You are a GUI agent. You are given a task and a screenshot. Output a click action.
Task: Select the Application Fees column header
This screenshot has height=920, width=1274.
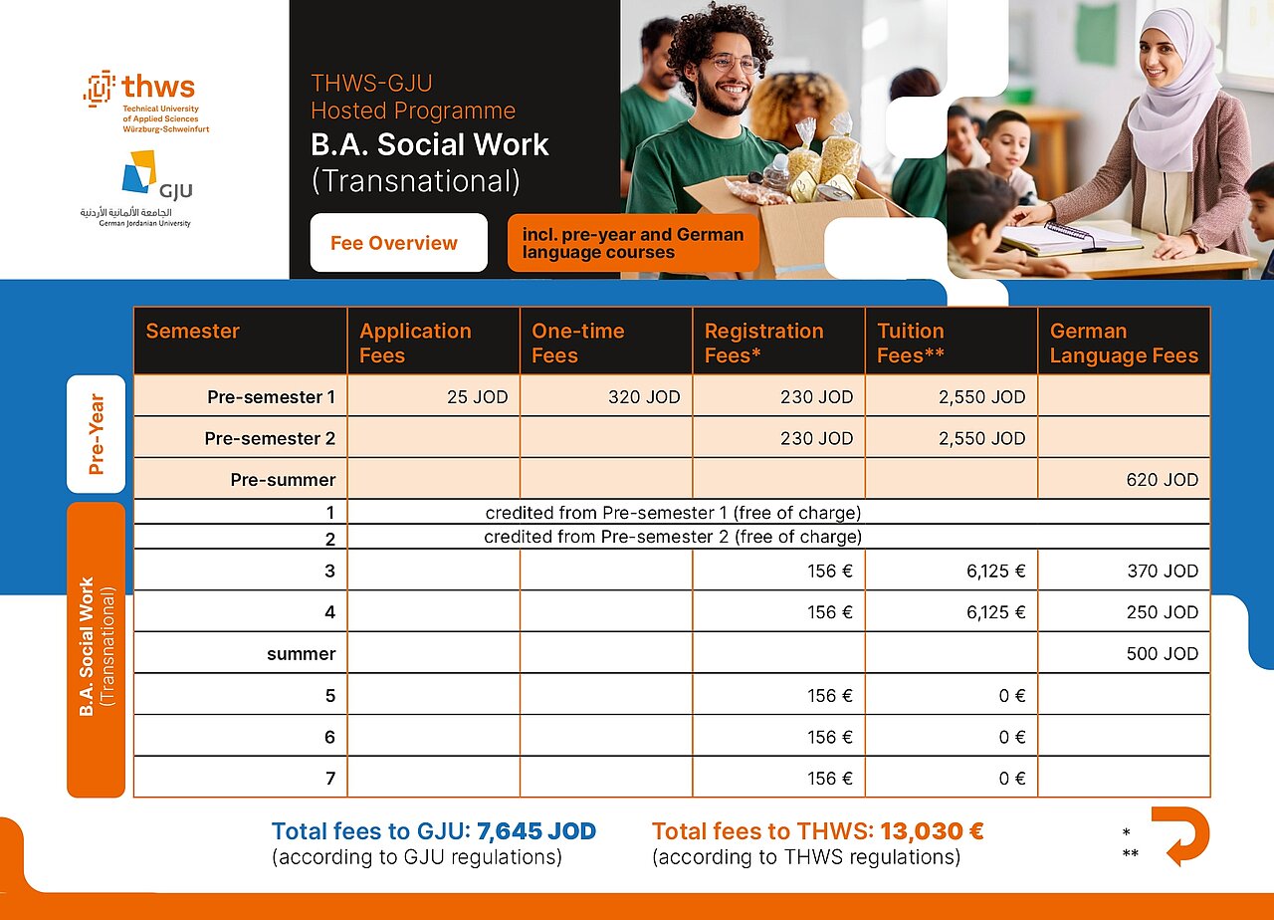coord(416,343)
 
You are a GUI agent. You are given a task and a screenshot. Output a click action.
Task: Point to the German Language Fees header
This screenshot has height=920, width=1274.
coord(1124,343)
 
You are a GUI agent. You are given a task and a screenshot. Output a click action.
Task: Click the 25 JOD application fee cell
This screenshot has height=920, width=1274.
coord(477,397)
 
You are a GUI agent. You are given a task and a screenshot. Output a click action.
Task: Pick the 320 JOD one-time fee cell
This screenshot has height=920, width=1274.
coord(644,397)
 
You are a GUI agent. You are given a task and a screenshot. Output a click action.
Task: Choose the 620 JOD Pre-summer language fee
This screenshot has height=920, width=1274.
coord(1162,480)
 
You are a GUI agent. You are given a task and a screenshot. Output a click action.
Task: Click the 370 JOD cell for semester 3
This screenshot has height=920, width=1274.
coord(1162,572)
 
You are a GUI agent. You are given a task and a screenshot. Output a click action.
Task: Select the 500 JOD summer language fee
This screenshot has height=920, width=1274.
coord(1162,654)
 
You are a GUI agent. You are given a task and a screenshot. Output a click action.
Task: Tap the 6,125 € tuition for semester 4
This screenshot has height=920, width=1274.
coord(995,612)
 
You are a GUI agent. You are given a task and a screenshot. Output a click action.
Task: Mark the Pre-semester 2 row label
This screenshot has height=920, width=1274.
coord(270,438)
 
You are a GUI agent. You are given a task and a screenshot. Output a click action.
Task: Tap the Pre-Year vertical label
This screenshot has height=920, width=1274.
coord(97,434)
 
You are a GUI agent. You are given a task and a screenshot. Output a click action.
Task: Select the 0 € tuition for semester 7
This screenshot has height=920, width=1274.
coord(1012,779)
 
